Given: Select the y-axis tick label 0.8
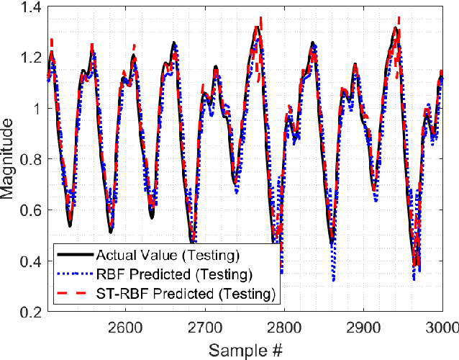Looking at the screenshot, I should tap(32, 159).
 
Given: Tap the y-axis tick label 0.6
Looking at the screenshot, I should tap(32, 210).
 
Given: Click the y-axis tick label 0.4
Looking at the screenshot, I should tap(32, 261).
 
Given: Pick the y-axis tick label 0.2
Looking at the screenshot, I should tap(32, 312).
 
